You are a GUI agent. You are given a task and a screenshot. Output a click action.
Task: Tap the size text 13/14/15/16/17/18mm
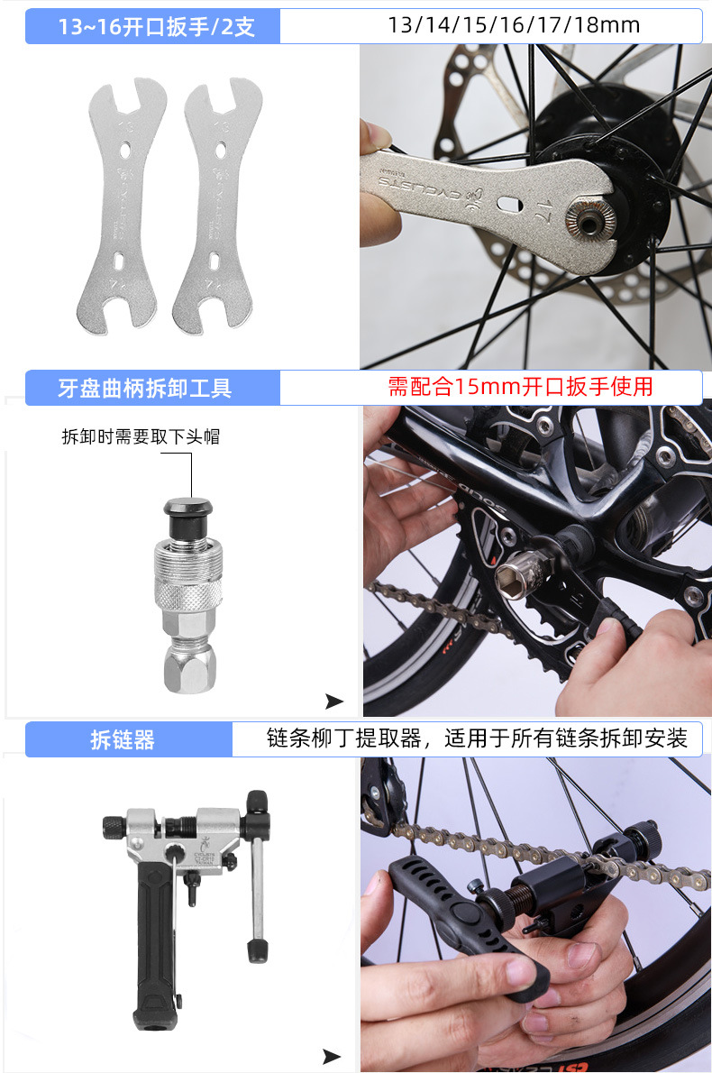[x=514, y=25]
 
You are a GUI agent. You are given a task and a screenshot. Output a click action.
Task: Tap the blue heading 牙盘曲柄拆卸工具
[x=144, y=388]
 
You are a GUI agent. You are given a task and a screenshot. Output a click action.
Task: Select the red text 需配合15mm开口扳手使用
[x=520, y=387]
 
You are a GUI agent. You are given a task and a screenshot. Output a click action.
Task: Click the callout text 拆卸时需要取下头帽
[x=141, y=437]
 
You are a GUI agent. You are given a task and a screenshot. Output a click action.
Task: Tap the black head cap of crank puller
[x=189, y=510]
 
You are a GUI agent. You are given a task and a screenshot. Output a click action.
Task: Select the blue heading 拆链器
[x=123, y=740]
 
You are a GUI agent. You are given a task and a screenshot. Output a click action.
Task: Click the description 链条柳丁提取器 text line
[x=477, y=739]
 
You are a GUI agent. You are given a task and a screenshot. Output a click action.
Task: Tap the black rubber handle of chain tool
[x=156, y=947]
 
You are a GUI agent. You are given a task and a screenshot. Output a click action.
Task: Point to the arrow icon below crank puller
[x=334, y=702]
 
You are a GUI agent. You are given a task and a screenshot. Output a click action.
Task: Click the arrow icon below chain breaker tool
[x=332, y=1056]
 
